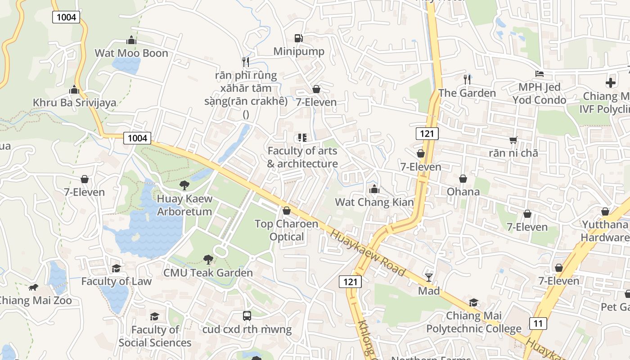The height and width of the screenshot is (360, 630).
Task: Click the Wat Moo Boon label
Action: tap(131, 53)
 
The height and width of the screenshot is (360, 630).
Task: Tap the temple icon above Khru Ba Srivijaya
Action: tap(74, 90)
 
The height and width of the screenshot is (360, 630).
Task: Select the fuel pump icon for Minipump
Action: tap(298, 38)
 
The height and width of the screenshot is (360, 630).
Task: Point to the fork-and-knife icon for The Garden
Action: tap(467, 80)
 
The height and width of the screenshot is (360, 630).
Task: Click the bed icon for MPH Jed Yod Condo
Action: tap(539, 74)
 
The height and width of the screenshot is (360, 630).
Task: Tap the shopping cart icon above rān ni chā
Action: tap(513, 140)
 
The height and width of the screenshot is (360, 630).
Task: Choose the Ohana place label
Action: tap(463, 192)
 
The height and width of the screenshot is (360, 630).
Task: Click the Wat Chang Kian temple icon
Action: tap(374, 189)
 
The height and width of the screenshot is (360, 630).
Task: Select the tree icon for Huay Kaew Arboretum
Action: tap(184, 185)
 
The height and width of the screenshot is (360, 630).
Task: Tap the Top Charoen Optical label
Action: tap(286, 230)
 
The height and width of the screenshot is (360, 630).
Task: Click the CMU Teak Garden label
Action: tap(208, 273)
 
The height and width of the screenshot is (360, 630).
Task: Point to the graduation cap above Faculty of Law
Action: tap(116, 268)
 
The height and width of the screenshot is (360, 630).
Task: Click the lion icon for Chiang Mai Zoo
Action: tap(33, 288)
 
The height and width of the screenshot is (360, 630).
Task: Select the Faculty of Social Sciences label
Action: tap(155, 336)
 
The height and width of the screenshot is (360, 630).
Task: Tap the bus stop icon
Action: tap(247, 316)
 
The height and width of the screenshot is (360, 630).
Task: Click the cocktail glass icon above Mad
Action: tap(429, 277)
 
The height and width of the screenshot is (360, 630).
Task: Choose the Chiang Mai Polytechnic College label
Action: tap(473, 322)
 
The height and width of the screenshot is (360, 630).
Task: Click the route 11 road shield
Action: tap(538, 323)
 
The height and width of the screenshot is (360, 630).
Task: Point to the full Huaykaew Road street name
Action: tap(368, 252)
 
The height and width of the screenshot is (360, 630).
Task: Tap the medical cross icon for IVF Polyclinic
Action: tap(610, 83)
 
